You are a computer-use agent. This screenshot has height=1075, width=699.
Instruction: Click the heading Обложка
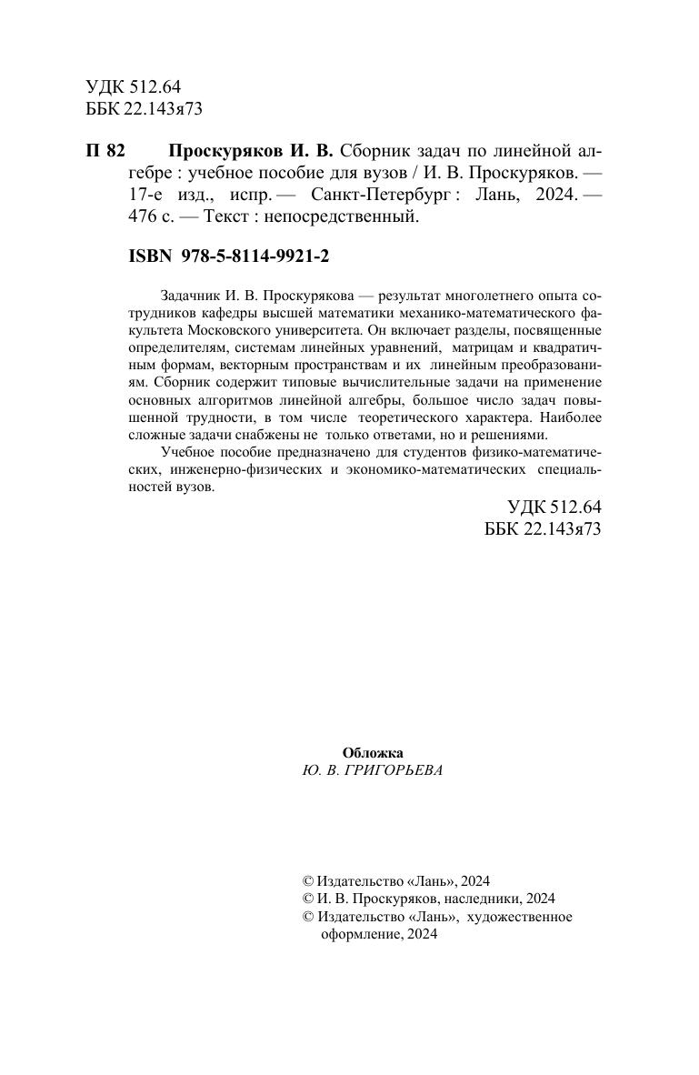372,752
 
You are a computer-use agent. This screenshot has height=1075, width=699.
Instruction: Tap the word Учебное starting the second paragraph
185,453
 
